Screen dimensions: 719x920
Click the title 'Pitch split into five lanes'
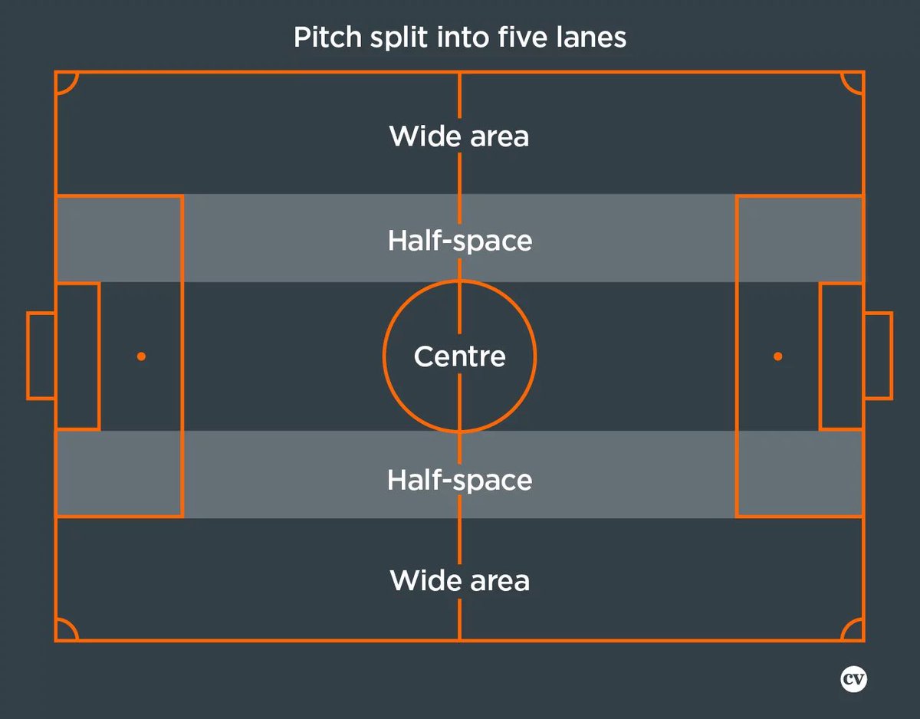[x=460, y=37]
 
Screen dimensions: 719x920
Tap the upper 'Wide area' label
[x=459, y=136]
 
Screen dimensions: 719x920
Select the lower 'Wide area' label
[x=459, y=580]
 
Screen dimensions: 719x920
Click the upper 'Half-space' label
[x=459, y=241]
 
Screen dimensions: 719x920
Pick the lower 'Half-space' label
[x=459, y=480]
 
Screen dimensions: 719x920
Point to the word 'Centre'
[x=459, y=356]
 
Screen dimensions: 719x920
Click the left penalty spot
[x=141, y=356]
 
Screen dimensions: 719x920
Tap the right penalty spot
[x=778, y=356]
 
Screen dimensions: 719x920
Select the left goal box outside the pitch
[x=41, y=356]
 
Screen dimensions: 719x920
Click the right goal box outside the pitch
[x=878, y=356]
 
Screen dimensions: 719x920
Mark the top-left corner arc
[x=66, y=82]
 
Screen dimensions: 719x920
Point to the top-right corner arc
[x=853, y=82]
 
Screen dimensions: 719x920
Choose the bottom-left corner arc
[x=66, y=630]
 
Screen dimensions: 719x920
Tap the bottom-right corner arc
[x=853, y=630]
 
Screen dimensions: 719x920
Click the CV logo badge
[x=853, y=679]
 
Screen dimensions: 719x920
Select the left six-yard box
[x=77, y=356]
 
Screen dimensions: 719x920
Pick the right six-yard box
[x=842, y=356]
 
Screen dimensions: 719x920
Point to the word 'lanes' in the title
[x=598, y=37]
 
